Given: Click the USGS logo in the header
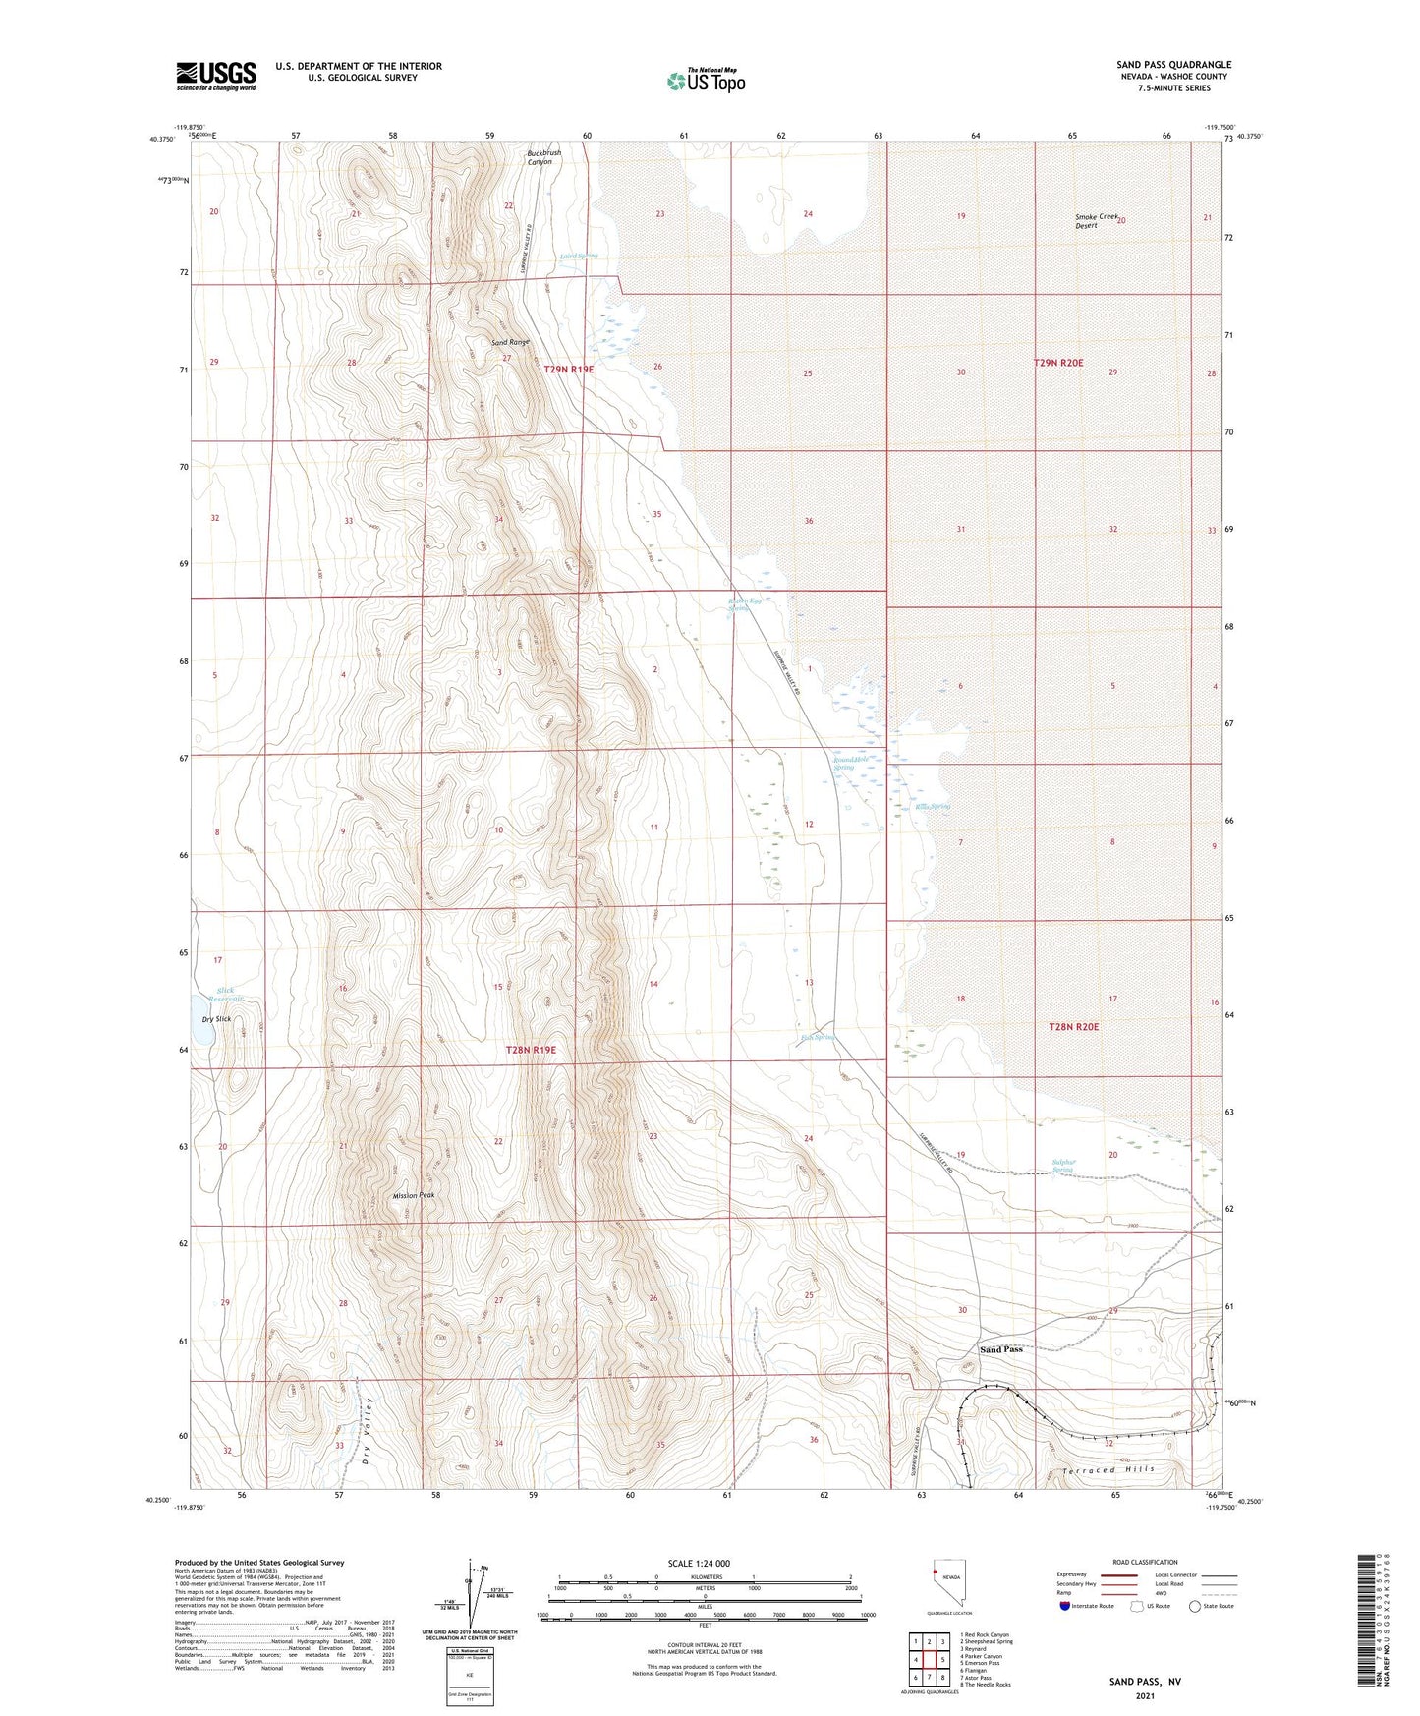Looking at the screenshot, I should tap(215, 76).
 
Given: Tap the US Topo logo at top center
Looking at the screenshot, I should tap(705, 81).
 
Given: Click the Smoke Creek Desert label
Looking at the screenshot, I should tap(1097, 221).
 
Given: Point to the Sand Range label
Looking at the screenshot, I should tap(510, 342).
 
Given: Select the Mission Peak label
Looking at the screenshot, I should tap(413, 1195).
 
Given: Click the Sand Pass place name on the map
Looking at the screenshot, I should tap(1001, 1349).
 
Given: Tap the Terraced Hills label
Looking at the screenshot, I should tap(1108, 1469).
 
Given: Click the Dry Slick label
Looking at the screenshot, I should tap(216, 1019).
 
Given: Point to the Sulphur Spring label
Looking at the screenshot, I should tap(1062, 1166).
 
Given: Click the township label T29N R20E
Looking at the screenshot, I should tap(1057, 363).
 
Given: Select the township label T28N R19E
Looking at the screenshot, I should tap(531, 1050).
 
